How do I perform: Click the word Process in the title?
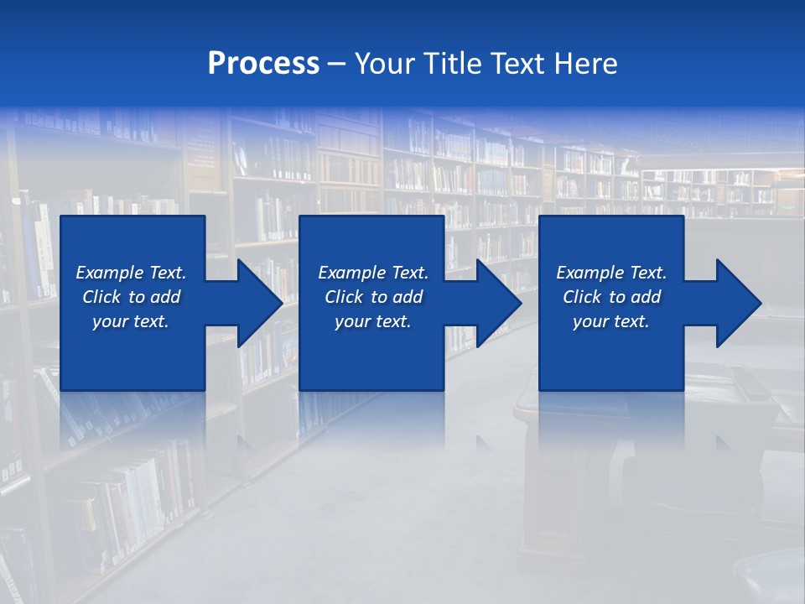pos(263,64)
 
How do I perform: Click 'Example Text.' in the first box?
pos(131,273)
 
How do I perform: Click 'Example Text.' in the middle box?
pos(372,273)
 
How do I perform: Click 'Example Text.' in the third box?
pos(611,273)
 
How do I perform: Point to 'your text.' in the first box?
pos(131,321)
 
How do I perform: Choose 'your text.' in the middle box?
pos(372,321)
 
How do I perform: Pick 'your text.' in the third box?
pos(611,321)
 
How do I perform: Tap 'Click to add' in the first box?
pos(131,297)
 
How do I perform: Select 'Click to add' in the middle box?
pos(372,297)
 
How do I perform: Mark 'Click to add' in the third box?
pos(611,297)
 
